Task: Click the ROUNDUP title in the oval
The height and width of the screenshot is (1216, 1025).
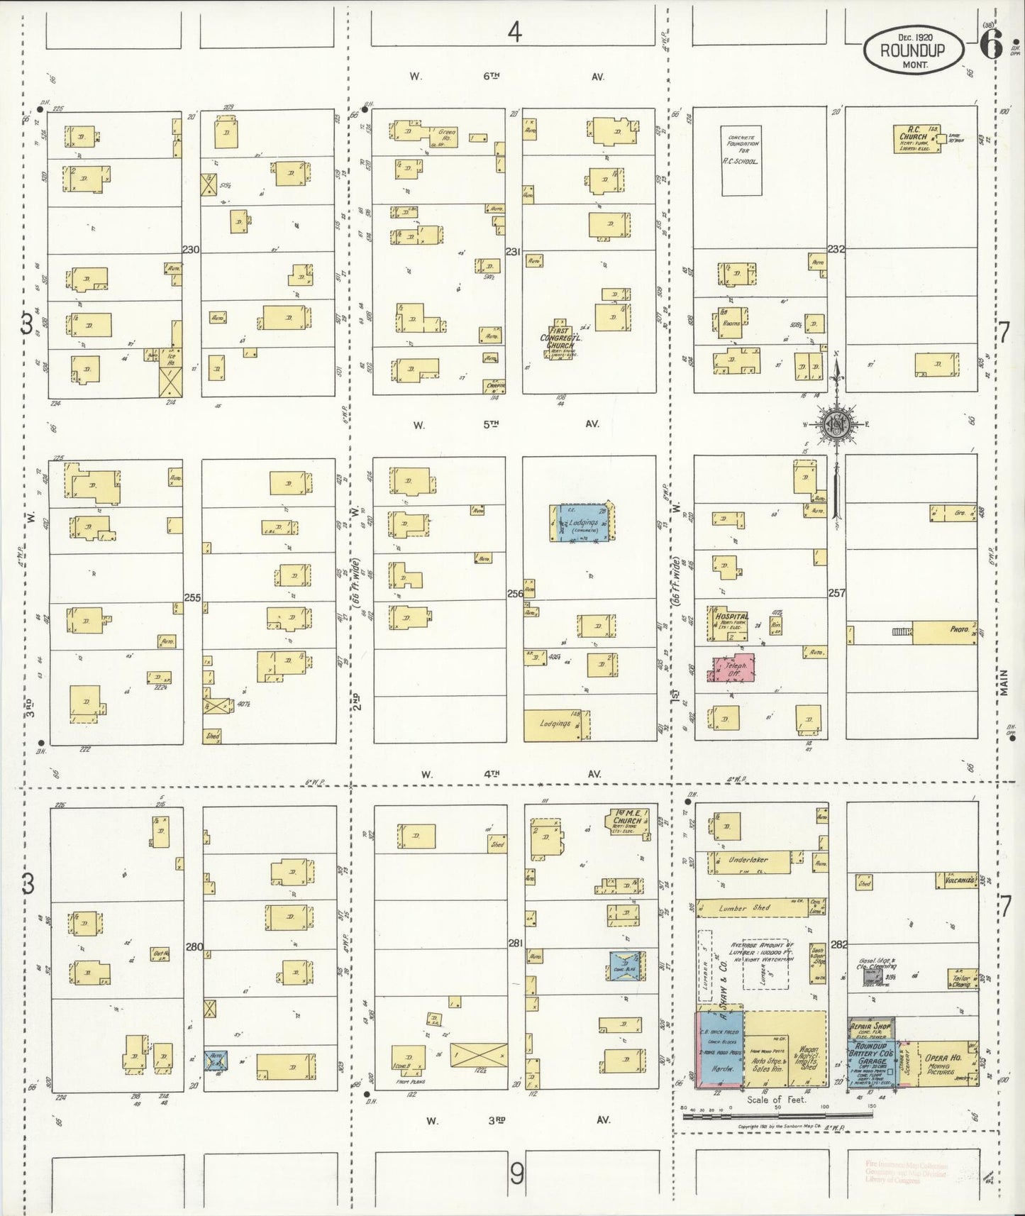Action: (913, 50)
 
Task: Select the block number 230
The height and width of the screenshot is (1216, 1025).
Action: (191, 250)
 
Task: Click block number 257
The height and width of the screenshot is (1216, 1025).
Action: (837, 592)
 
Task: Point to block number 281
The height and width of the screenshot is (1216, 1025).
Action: (516, 943)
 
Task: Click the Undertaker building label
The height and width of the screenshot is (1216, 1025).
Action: (748, 860)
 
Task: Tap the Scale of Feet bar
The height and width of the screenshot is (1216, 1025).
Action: (777, 1116)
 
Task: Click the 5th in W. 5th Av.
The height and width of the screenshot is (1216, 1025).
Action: (491, 424)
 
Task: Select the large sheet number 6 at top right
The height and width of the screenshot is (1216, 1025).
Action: (990, 47)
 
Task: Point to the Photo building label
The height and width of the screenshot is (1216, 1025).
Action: (959, 629)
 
